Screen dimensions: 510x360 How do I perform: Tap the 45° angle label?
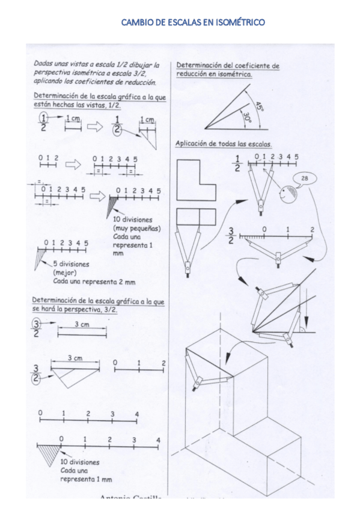259,106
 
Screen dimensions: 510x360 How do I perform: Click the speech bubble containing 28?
305,179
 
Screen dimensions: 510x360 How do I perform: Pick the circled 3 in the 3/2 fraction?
37,325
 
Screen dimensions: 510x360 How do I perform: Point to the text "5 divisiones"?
71,264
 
